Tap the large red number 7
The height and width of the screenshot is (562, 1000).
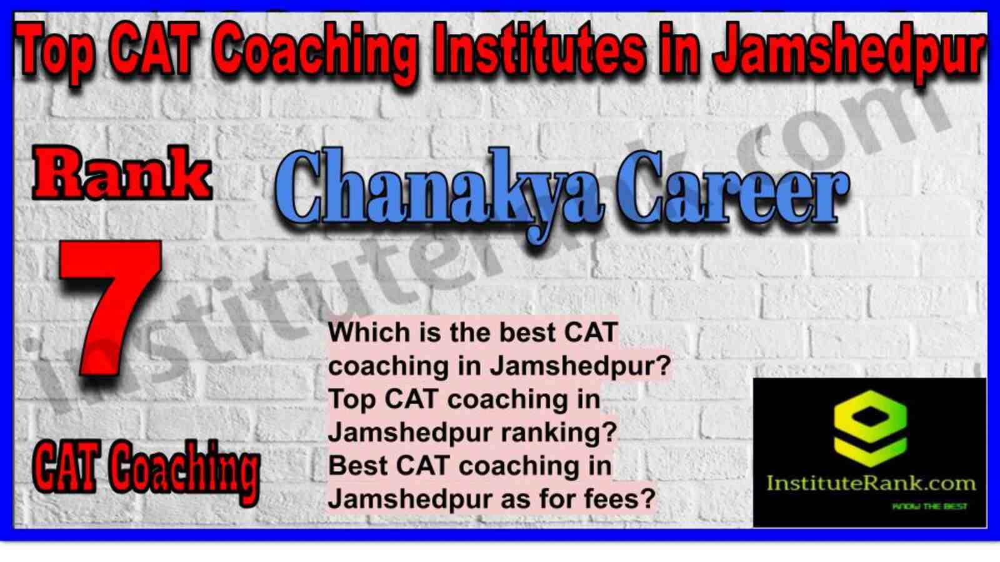(110, 307)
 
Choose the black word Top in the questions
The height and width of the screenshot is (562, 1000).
(352, 399)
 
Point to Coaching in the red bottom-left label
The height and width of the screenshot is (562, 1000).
(184, 473)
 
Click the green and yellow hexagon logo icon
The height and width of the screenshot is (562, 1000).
(870, 428)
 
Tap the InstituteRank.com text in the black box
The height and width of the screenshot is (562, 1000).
(871, 484)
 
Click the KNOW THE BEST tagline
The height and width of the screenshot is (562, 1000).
(929, 506)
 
